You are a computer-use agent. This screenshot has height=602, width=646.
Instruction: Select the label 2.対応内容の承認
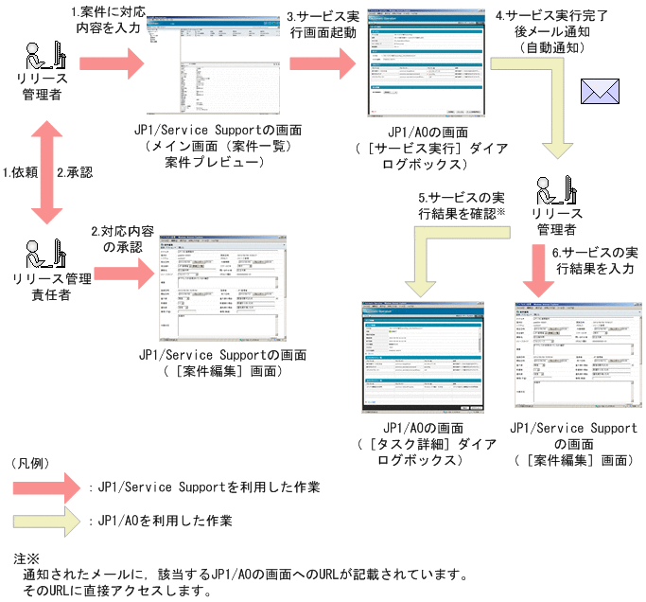tap(116, 239)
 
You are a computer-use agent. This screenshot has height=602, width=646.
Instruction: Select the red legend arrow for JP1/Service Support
tap(47, 487)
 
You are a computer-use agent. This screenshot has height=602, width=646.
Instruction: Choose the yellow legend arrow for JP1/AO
tap(47, 520)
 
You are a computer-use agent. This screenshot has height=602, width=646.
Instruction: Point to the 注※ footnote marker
tap(26, 558)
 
